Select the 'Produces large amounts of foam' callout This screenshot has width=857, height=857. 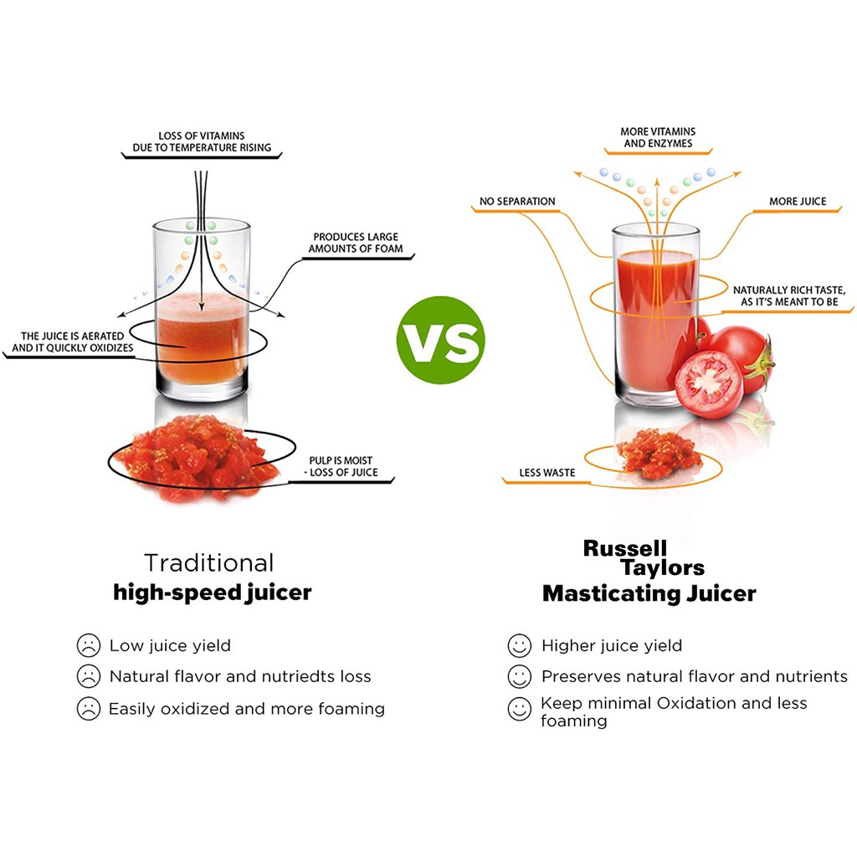pyautogui.click(x=356, y=243)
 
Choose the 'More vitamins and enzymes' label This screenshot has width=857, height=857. pyautogui.click(x=658, y=137)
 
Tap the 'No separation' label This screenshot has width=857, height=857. pyautogui.click(x=517, y=201)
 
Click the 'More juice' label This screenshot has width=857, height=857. pyautogui.click(x=798, y=201)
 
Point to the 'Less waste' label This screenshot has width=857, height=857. pyautogui.click(x=547, y=473)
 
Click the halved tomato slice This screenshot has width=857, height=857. pyautogui.click(x=708, y=384)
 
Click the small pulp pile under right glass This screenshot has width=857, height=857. pyautogui.click(x=660, y=454)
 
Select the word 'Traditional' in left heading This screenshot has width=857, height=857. pyautogui.click(x=208, y=562)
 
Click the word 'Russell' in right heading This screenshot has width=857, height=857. pyautogui.click(x=625, y=548)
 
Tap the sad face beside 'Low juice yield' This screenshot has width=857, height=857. pyautogui.click(x=88, y=646)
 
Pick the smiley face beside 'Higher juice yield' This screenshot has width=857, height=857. pyautogui.click(x=520, y=646)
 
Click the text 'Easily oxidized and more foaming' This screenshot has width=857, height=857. pyautogui.click(x=247, y=709)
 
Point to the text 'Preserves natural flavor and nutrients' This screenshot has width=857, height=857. pyautogui.click(x=694, y=676)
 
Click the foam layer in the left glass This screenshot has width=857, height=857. pyautogui.click(x=202, y=306)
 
